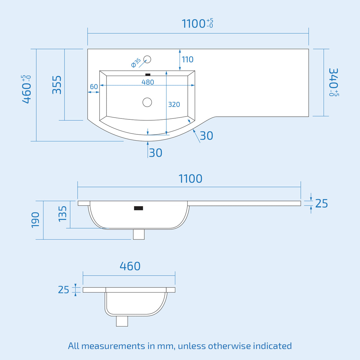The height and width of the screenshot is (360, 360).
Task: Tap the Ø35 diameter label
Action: pos(136,63)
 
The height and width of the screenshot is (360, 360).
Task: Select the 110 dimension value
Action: pos(187,60)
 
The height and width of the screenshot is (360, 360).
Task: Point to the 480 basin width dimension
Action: pos(148,82)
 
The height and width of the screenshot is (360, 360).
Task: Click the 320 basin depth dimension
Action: pos(174,104)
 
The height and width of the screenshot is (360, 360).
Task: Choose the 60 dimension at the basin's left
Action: pos(94,86)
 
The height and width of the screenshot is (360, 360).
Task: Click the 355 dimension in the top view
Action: pos(57,85)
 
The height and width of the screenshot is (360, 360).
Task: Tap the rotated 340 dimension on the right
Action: pos(334,82)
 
